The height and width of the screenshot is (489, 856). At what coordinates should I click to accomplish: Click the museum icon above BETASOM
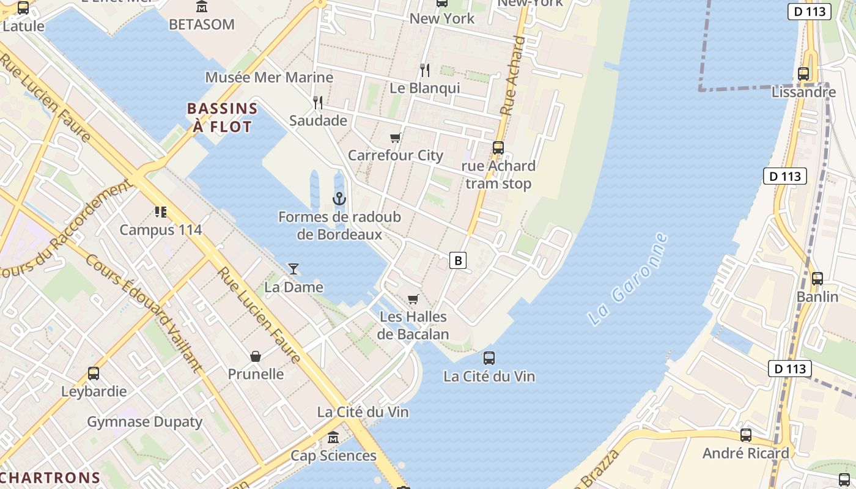click(202, 7)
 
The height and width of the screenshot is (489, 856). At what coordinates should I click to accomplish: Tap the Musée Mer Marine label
click(269, 78)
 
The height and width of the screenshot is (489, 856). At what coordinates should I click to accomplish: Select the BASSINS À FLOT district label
click(221, 118)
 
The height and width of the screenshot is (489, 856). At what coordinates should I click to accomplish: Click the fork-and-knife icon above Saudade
click(317, 102)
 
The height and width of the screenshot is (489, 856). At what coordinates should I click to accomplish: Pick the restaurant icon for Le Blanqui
click(425, 70)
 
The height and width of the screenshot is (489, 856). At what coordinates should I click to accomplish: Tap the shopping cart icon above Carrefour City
click(395, 138)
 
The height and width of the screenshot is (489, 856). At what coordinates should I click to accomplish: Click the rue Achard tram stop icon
click(498, 147)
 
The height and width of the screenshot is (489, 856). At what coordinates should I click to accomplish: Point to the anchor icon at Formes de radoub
click(339, 199)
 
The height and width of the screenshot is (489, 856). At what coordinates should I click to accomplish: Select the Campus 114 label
click(160, 230)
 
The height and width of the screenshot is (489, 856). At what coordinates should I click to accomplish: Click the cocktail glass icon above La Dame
click(293, 268)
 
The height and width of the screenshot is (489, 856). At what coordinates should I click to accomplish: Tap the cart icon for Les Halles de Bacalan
click(413, 299)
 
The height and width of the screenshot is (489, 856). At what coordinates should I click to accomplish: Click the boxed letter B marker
click(457, 260)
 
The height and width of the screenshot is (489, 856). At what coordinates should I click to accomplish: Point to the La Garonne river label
click(627, 279)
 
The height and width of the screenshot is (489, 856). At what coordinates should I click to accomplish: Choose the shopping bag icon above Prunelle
click(256, 356)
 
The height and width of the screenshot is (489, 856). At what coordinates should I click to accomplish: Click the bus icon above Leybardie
click(94, 373)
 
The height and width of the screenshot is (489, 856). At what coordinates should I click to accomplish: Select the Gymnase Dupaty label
click(144, 422)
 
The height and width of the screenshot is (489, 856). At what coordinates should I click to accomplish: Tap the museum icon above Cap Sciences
click(333, 438)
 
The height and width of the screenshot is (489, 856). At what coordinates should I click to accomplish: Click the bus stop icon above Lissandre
click(803, 74)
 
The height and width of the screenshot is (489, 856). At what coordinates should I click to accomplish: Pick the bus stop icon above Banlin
click(817, 279)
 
